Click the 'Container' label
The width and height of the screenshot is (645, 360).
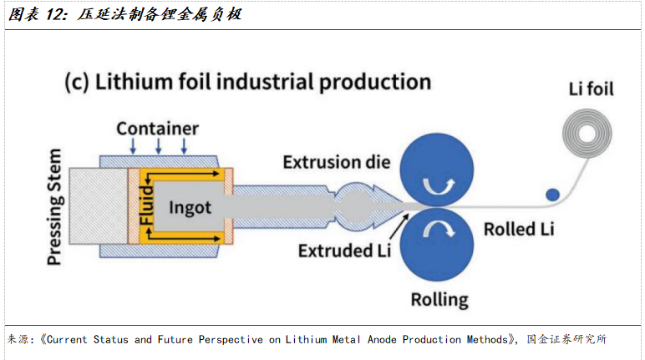tap(158, 129)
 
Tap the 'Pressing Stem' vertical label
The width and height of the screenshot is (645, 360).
tap(54, 207)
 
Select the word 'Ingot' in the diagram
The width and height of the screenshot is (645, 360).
tap(190, 208)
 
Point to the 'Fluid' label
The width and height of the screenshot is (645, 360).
tap(146, 205)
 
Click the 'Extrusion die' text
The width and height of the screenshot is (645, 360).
tap(337, 162)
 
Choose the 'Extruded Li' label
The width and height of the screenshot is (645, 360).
tap(344, 251)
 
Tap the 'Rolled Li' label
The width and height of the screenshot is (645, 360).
tap(519, 229)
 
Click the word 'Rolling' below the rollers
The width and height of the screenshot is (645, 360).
tap(439, 300)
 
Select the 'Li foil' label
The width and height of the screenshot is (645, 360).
tap(592, 89)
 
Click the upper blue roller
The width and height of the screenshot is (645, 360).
tap(437, 169)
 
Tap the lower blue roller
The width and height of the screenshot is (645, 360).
tap(437, 245)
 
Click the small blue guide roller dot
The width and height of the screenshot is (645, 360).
tap(552, 195)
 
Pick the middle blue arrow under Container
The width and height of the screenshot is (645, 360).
tap(159, 146)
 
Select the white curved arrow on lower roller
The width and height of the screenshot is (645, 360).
tap(439, 228)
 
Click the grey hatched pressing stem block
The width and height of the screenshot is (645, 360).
tap(99, 206)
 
